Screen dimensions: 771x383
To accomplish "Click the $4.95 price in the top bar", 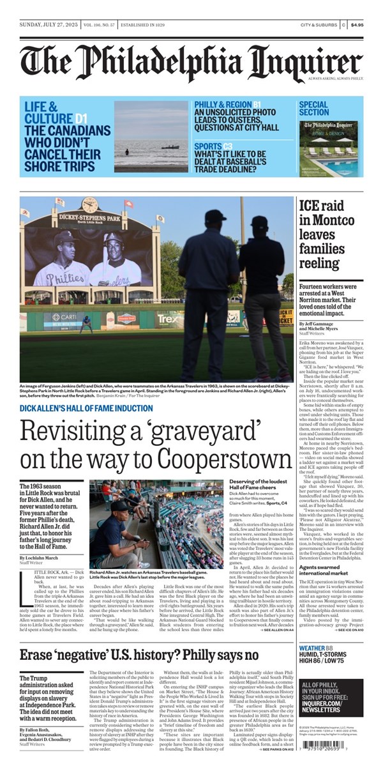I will click(357, 25).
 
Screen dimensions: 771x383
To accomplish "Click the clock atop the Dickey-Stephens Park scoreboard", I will click(90, 206).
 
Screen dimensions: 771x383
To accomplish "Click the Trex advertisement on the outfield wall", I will click(169, 317).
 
